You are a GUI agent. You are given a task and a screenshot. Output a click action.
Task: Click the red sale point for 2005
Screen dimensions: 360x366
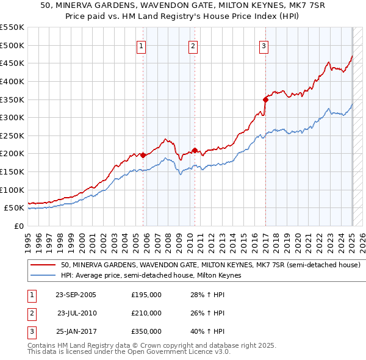143,155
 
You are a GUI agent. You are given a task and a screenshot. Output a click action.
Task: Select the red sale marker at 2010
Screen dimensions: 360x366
195,150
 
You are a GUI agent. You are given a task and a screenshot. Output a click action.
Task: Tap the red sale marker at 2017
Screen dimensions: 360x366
265,99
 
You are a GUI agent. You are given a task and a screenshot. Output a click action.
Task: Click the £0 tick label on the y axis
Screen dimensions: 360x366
18,226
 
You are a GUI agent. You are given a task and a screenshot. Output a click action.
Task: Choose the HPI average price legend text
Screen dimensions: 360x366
151,276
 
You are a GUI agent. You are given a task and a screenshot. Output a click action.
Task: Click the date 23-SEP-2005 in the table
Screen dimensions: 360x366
76,295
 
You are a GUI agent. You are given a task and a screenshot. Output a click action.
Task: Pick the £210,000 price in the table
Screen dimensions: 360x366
146,313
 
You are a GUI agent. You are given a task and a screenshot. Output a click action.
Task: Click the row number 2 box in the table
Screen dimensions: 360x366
31,313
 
